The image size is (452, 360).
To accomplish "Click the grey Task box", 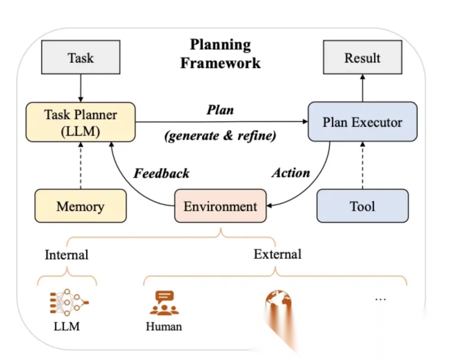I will [80, 57].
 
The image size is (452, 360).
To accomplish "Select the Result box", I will [362, 57].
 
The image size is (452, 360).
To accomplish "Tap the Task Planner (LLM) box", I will [81, 122].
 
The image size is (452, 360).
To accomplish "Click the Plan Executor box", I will [362, 122].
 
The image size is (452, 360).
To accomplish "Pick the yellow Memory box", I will [80, 206].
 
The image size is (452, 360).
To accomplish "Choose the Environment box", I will [221, 206].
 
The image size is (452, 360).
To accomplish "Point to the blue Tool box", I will [362, 206].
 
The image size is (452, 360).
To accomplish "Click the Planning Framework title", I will [221, 54].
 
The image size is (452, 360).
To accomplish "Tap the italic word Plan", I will [220, 110].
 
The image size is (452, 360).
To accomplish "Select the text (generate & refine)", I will [221, 136].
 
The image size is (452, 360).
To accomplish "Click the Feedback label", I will [162, 173].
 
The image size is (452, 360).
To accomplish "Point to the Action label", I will [291, 173].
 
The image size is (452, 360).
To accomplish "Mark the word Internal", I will [67, 255].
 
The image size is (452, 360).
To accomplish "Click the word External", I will [277, 254].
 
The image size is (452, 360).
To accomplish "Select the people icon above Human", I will [164, 303].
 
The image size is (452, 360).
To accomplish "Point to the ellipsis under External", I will [380, 299].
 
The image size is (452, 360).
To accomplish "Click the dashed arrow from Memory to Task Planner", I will [80, 165].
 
